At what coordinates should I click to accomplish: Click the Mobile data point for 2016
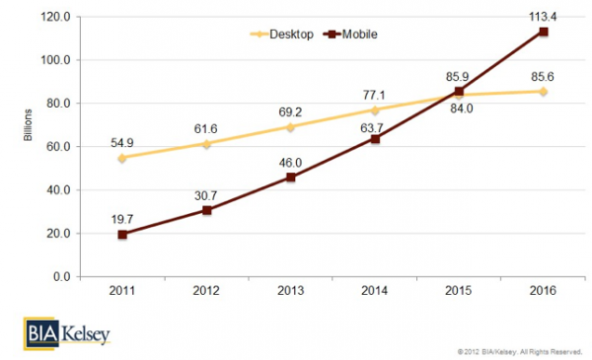point(544,32)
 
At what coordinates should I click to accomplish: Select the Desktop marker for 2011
point(121,158)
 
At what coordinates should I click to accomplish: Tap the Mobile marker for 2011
point(121,235)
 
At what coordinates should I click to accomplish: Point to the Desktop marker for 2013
point(290,127)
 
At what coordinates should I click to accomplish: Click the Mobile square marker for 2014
point(375,139)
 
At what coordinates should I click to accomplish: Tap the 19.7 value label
point(121,216)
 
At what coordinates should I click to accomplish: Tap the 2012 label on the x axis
point(206,293)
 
